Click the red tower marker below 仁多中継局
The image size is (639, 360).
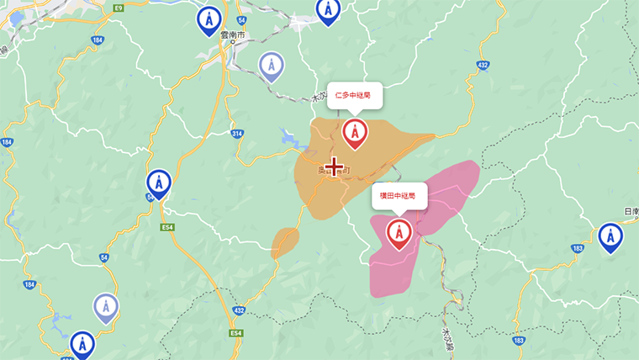355,132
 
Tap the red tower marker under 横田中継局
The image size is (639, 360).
399,232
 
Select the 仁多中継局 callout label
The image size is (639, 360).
355,95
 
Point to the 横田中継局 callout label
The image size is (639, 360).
399,195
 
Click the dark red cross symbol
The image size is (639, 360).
335,166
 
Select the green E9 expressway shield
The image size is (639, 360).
119,8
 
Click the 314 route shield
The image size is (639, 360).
237,134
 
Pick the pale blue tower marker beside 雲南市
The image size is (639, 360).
270,65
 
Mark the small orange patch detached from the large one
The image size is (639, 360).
285,241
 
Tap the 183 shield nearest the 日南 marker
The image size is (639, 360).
577,248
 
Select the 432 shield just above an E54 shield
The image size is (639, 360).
240,310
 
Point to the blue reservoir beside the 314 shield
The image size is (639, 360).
288,135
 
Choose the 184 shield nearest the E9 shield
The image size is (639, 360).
99,40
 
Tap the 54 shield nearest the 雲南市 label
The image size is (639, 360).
241,19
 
